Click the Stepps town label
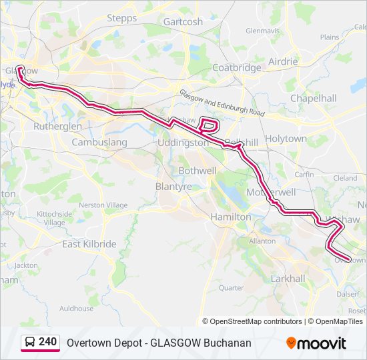click(x=121, y=18)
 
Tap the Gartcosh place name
click(x=183, y=21)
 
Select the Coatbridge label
click(x=236, y=68)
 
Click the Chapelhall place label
click(x=313, y=98)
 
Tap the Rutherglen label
click(x=57, y=126)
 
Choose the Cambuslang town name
click(x=99, y=143)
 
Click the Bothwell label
click(x=198, y=171)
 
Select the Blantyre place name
click(x=173, y=187)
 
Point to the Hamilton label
click(x=230, y=217)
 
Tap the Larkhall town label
click(x=288, y=278)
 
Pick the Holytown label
click(x=286, y=139)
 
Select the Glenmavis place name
click(x=262, y=31)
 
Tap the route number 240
click(x=47, y=342)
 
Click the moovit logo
click(x=316, y=343)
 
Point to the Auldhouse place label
click(x=76, y=309)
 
